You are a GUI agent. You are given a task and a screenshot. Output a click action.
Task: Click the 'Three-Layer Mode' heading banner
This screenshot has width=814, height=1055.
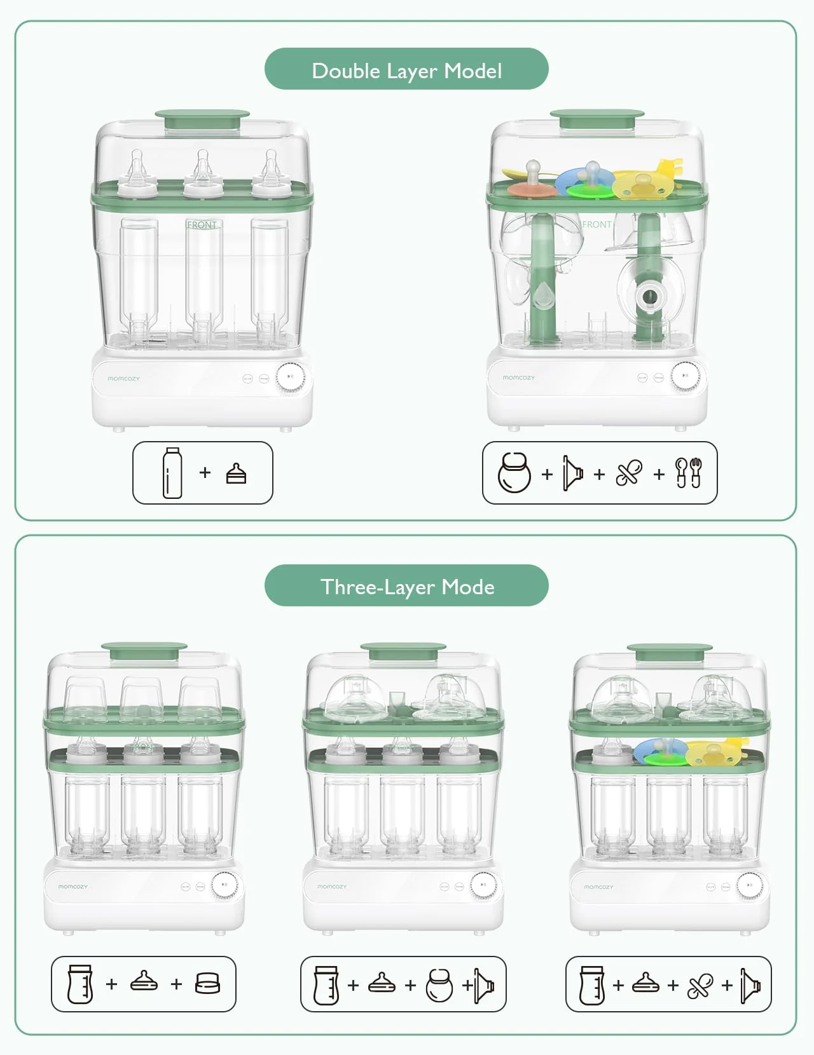click(406, 586)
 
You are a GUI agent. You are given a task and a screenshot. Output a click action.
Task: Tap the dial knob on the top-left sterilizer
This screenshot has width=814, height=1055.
click(290, 377)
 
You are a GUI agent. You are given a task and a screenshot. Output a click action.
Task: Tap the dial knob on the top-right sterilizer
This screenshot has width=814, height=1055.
click(685, 376)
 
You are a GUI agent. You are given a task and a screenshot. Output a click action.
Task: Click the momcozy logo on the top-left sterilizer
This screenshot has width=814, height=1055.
click(123, 379)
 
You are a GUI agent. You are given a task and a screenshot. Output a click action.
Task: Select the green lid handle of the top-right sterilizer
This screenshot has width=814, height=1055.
click(597, 118)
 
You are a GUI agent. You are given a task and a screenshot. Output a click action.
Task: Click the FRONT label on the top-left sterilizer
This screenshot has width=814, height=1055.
click(202, 225)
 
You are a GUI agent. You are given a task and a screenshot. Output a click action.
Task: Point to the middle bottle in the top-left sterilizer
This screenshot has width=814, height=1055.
click(203, 273)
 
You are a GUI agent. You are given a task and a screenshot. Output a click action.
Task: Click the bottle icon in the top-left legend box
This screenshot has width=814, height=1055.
click(172, 473)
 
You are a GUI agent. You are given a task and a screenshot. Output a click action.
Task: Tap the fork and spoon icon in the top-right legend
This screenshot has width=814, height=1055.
click(688, 473)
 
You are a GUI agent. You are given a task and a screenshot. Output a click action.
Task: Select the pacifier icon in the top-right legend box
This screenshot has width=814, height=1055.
click(629, 473)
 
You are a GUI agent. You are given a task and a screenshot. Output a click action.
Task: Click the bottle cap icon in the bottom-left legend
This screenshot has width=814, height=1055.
click(207, 984)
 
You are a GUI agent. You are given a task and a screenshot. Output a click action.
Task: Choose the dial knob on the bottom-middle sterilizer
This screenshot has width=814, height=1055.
click(483, 885)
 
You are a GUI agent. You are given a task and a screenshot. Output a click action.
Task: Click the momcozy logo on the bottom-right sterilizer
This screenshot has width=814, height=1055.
click(598, 887)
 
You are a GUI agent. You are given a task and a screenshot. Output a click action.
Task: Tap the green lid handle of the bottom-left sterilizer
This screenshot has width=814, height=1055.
click(144, 651)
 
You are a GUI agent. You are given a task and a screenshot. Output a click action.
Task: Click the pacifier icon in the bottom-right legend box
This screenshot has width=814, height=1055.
click(700, 985)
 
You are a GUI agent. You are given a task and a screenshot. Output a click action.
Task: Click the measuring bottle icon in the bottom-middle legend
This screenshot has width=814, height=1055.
click(326, 985)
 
